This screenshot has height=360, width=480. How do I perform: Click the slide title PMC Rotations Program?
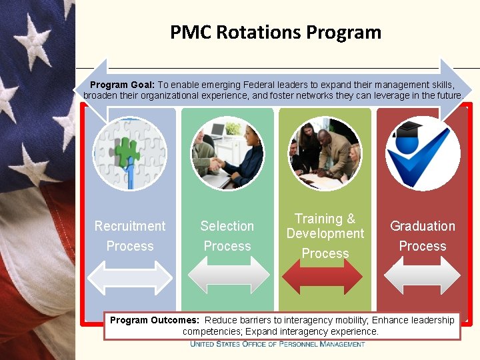(x=275, y=32)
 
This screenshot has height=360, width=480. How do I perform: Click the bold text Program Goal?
(x=122, y=85)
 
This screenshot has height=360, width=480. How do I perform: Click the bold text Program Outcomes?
(x=155, y=320)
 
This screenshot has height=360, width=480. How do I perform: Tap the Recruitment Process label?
(x=130, y=236)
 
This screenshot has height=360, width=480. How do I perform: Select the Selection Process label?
(x=227, y=236)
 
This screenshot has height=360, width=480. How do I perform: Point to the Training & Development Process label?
(x=325, y=236)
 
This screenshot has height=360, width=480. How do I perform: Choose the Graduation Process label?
(x=423, y=236)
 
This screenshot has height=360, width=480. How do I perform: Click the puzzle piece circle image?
(x=130, y=154)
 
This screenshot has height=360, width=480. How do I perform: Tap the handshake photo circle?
(x=227, y=154)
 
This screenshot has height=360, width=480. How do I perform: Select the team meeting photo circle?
(x=325, y=154)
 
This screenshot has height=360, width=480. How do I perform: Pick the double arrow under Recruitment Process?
(x=130, y=276)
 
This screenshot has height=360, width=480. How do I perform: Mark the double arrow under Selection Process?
(x=227, y=276)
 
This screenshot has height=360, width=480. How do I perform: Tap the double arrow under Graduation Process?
(x=423, y=276)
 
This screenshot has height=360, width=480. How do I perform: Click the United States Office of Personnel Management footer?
(x=277, y=344)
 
